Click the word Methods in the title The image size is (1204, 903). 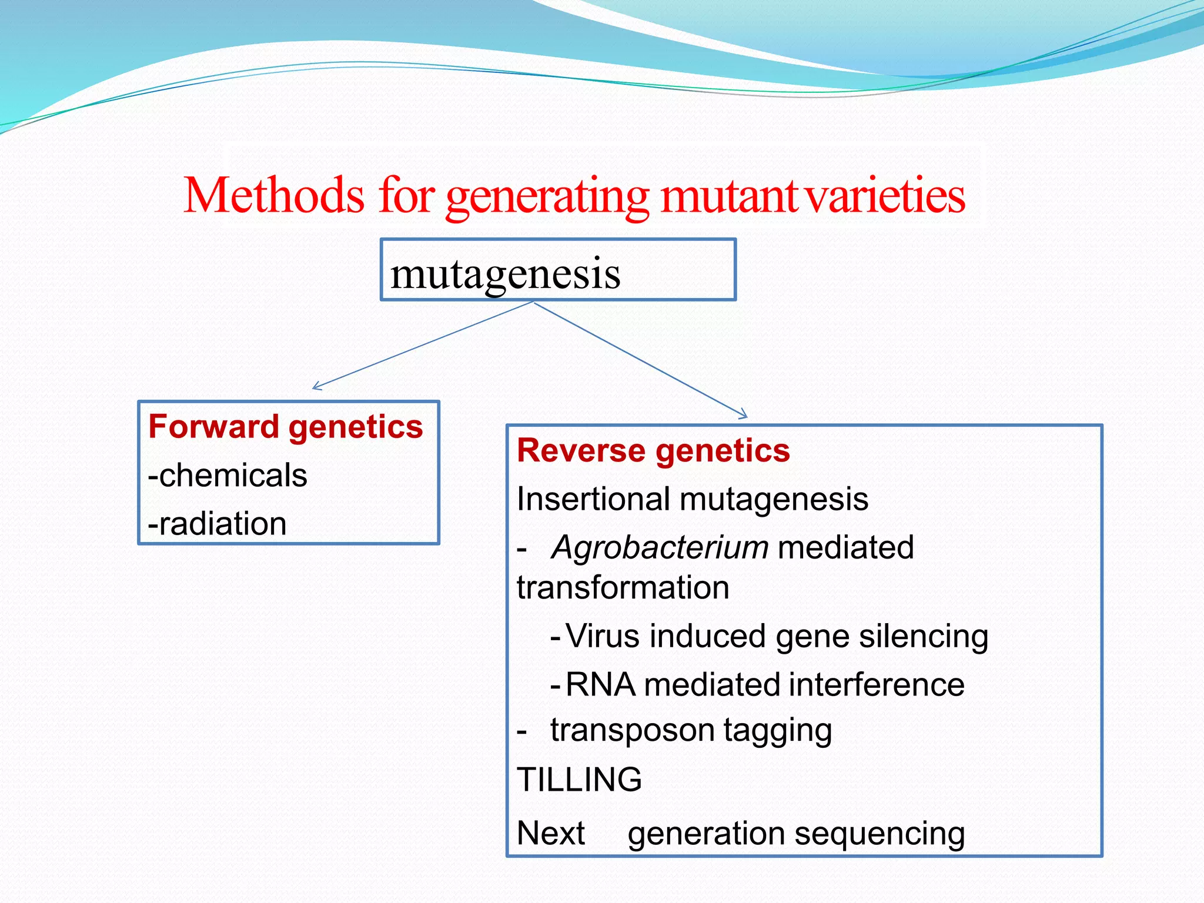tap(274, 196)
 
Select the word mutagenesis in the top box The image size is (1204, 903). tap(505, 273)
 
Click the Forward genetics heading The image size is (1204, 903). tap(286, 426)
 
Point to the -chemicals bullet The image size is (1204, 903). tap(228, 475)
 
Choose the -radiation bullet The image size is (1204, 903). tap(217, 523)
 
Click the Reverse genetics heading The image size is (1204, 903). tap(653, 451)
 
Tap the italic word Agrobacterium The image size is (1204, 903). tap(660, 547)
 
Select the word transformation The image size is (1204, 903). tap(623, 587)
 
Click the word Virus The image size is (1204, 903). tap(603, 636)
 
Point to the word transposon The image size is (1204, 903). tap(632, 730)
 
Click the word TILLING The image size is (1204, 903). tap(579, 780)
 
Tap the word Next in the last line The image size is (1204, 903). tap(551, 833)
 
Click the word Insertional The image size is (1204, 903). tap(594, 499)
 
